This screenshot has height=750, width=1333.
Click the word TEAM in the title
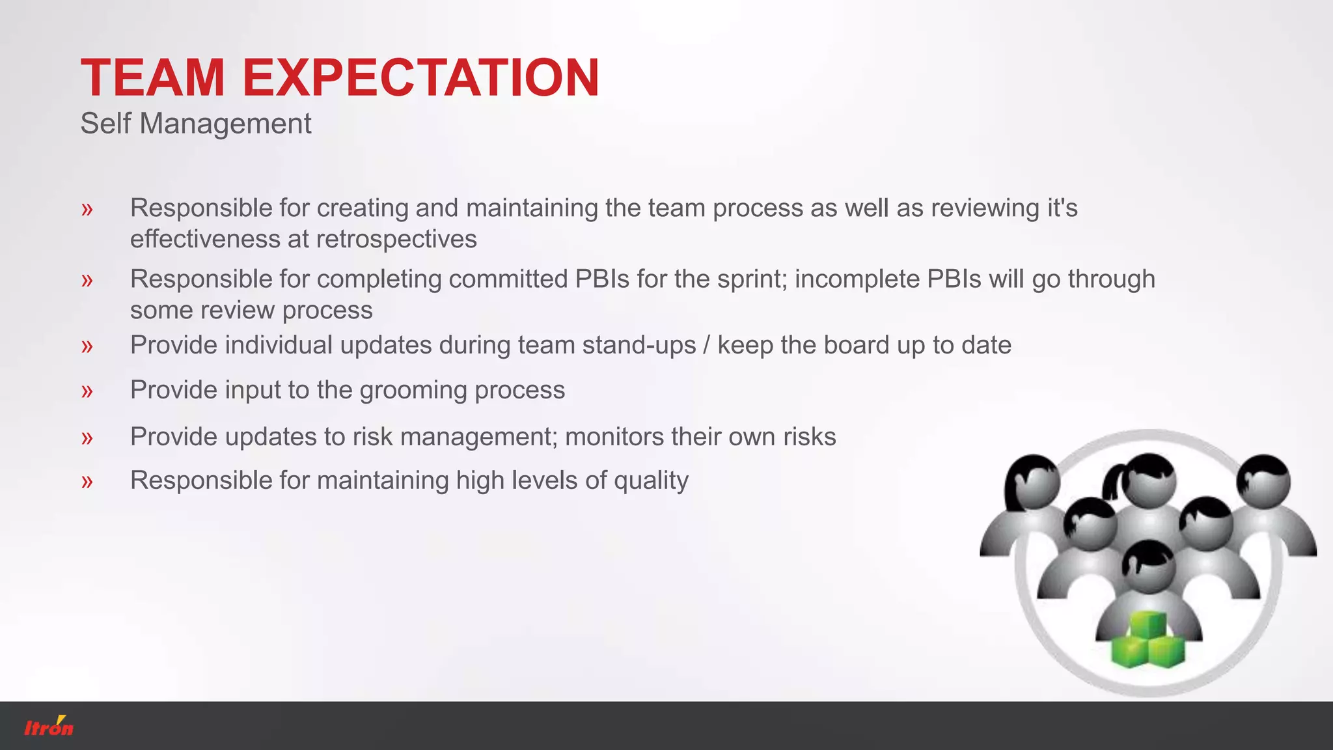(152, 77)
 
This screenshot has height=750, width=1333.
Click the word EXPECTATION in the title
(420, 77)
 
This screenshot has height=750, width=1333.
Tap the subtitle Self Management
(195, 124)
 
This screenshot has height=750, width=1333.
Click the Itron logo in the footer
(49, 727)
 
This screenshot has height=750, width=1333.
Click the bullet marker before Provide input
(87, 391)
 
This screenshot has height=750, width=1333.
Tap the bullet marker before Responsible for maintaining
(87, 482)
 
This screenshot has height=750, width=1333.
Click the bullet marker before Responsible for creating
(87, 210)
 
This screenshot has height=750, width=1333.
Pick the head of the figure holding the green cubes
(1149, 566)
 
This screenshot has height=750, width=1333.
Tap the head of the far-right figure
(1264, 482)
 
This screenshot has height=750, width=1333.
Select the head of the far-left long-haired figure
(1034, 483)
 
